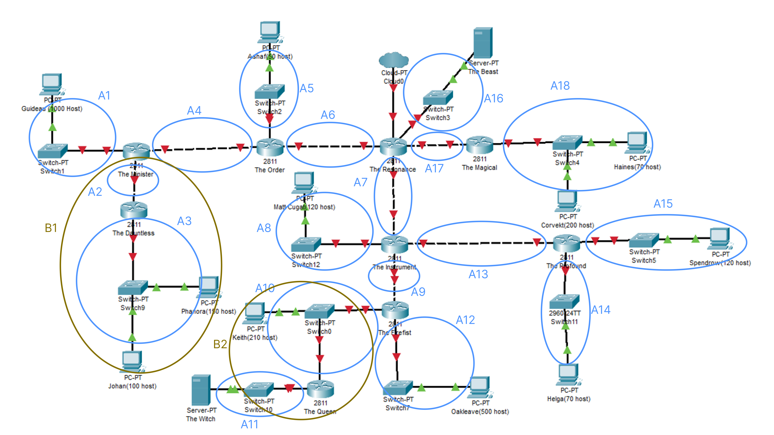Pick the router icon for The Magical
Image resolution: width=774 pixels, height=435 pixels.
pyautogui.click(x=479, y=145)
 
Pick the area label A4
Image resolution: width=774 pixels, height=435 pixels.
pyautogui.click(x=194, y=111)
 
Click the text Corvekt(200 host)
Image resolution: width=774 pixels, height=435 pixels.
pyautogui.click(x=567, y=225)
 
